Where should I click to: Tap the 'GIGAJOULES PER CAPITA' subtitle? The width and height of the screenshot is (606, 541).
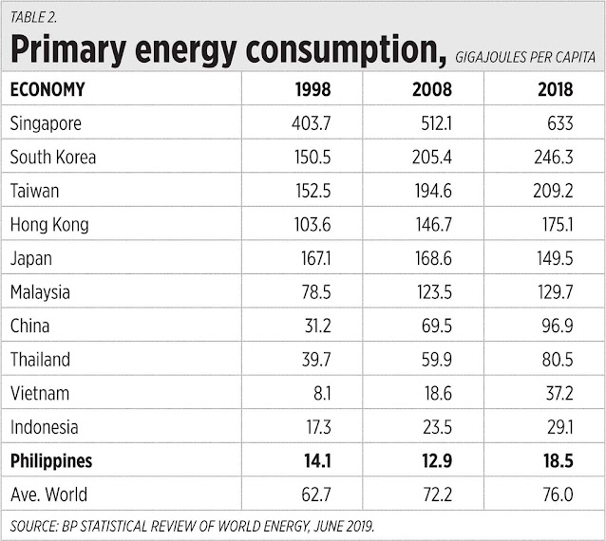(x=524, y=57)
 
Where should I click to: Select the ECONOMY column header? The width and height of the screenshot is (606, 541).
(x=47, y=90)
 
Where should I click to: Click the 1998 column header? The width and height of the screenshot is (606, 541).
(x=312, y=90)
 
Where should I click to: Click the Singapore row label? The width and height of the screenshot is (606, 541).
(x=46, y=123)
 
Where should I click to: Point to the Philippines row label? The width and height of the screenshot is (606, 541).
(x=52, y=461)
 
